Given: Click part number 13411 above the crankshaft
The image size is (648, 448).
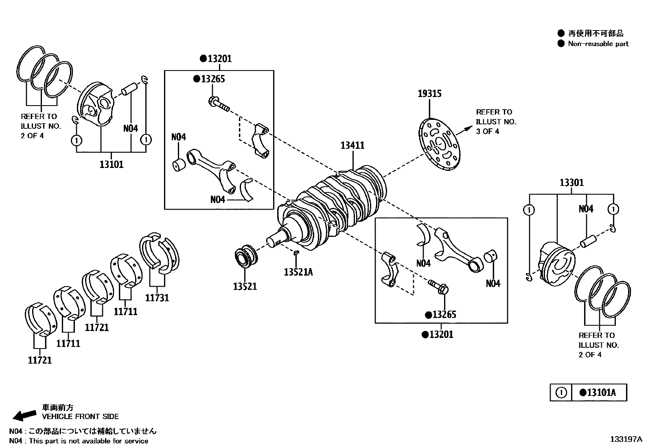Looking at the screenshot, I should click(352, 146).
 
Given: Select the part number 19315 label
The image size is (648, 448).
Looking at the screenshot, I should click(429, 94).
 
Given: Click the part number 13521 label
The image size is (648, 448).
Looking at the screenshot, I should click(245, 287).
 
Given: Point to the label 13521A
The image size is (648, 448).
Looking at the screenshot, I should click(298, 272).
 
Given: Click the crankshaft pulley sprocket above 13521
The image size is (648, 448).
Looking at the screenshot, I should click(246, 257).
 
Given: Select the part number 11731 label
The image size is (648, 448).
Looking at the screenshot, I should click(157, 298).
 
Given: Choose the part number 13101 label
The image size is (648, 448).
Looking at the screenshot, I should click(111, 165).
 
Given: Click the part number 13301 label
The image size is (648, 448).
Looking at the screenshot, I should click(571, 183).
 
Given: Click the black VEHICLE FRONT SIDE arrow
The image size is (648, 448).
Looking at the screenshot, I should click(24, 415).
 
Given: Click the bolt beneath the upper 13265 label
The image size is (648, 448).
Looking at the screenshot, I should click(218, 103).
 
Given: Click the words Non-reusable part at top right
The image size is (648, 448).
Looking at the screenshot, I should click(598, 44).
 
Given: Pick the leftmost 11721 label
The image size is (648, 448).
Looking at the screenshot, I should click(40, 360).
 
